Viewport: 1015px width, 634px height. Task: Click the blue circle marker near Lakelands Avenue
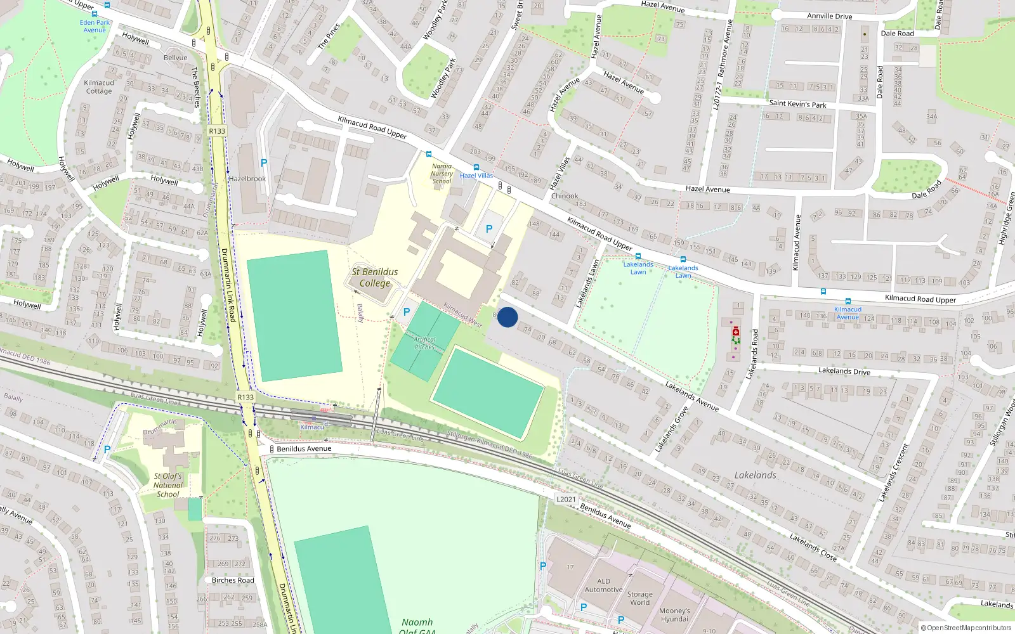tap(507, 317)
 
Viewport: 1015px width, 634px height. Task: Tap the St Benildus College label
tap(375, 278)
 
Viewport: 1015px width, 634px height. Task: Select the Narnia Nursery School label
tap(442, 174)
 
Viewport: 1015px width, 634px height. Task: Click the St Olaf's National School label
tap(168, 485)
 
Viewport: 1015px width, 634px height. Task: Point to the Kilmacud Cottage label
tap(99, 87)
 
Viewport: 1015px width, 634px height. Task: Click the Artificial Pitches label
tap(424, 343)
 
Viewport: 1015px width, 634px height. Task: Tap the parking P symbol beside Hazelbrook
tap(264, 163)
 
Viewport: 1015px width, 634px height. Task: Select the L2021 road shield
tap(566, 499)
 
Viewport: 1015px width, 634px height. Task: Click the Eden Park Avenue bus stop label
tap(95, 26)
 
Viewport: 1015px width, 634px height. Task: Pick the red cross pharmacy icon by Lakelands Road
tap(736, 332)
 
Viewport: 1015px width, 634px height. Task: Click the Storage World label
tap(639, 598)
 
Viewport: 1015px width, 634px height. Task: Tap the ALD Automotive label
tap(603, 585)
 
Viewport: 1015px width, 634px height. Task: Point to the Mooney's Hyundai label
tap(674, 615)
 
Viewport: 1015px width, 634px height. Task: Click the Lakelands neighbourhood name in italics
tap(755, 475)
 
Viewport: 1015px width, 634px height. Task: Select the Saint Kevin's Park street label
tap(797, 104)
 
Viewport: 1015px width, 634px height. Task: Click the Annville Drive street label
tap(829, 16)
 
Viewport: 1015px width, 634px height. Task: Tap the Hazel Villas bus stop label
tap(476, 176)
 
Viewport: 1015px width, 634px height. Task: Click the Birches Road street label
tap(233, 580)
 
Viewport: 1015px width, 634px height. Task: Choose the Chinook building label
tap(565, 196)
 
